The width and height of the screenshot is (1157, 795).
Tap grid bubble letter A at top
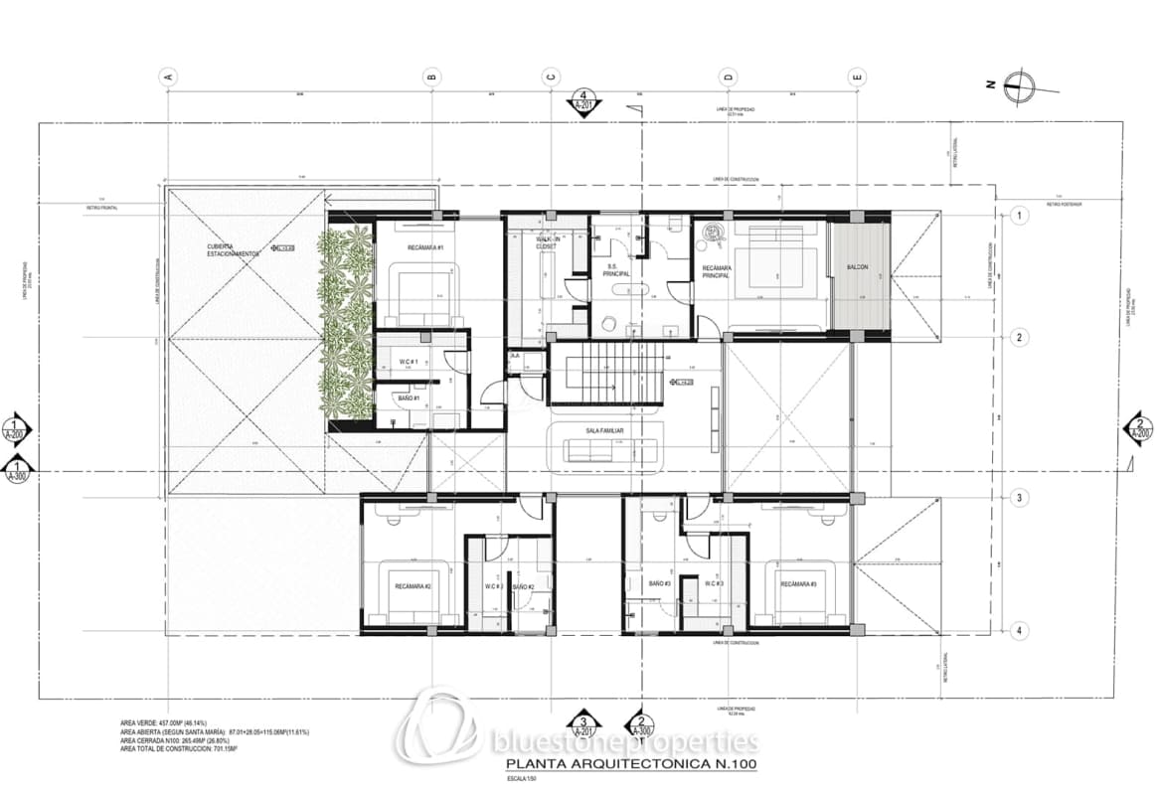pos(168,76)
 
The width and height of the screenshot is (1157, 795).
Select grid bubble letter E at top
pos(857,76)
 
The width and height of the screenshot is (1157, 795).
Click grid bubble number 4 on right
pos(1019,629)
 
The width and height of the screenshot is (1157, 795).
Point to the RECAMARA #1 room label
pos(424,247)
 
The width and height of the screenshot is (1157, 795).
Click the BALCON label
pos(858,268)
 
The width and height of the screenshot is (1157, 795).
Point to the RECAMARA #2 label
pos(413,586)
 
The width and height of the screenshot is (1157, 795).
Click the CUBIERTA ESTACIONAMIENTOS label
pos(234,249)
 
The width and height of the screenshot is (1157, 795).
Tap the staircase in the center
pos(606,373)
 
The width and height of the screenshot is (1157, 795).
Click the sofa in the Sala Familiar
pos(606,449)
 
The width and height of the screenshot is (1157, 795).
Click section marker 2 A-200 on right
pos(1137,428)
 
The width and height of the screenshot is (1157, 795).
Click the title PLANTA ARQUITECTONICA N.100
pos(630,764)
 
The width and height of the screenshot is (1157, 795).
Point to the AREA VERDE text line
pos(163,722)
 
